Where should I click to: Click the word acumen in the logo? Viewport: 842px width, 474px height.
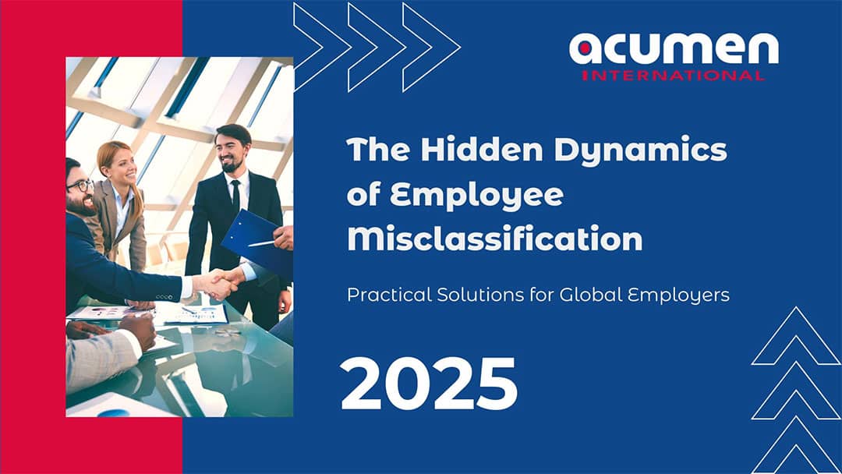click(x=674, y=49)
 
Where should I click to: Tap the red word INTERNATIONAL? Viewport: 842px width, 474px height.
click(x=674, y=75)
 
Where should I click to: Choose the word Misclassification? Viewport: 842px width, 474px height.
click(x=494, y=239)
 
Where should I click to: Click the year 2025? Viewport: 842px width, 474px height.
click(x=429, y=384)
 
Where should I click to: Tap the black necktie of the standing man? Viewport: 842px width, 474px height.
click(x=235, y=196)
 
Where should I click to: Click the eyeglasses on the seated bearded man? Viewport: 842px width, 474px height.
click(x=80, y=186)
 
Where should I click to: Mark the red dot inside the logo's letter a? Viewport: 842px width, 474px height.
click(x=586, y=49)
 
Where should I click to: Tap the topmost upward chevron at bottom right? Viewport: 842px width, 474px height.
click(x=796, y=335)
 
